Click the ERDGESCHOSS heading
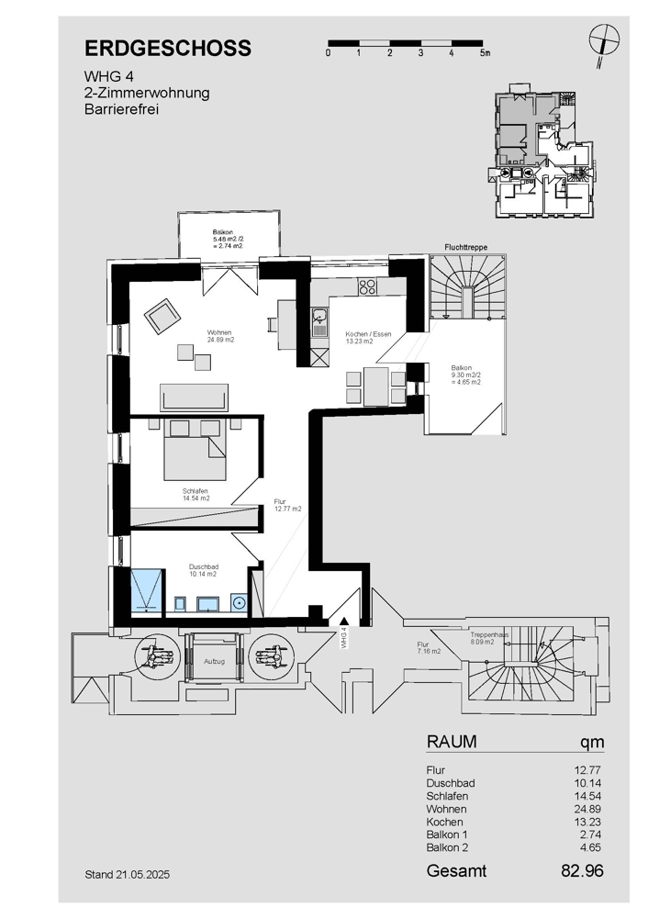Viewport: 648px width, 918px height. pos(168,48)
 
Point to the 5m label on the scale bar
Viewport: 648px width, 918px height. pos(484,53)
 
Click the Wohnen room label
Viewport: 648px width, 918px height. pos(219,332)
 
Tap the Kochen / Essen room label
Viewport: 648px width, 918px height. pos(368,334)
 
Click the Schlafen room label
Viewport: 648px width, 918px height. pos(195,491)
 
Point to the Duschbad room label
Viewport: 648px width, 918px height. pos(204,566)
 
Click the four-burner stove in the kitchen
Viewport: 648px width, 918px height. pos(368,286)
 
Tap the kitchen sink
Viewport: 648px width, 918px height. pos(319,322)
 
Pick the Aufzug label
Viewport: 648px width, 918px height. pos(214,661)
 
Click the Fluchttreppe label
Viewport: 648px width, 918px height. pos(466,248)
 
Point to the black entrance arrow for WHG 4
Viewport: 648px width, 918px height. pos(344,622)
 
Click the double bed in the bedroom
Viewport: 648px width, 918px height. pos(195,450)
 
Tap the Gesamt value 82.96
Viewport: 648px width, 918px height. pos(582,870)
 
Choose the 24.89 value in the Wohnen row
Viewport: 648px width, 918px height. pos(587,809)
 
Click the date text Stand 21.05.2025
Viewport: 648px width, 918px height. pos(127,875)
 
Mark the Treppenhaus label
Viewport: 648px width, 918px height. pos(489,634)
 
